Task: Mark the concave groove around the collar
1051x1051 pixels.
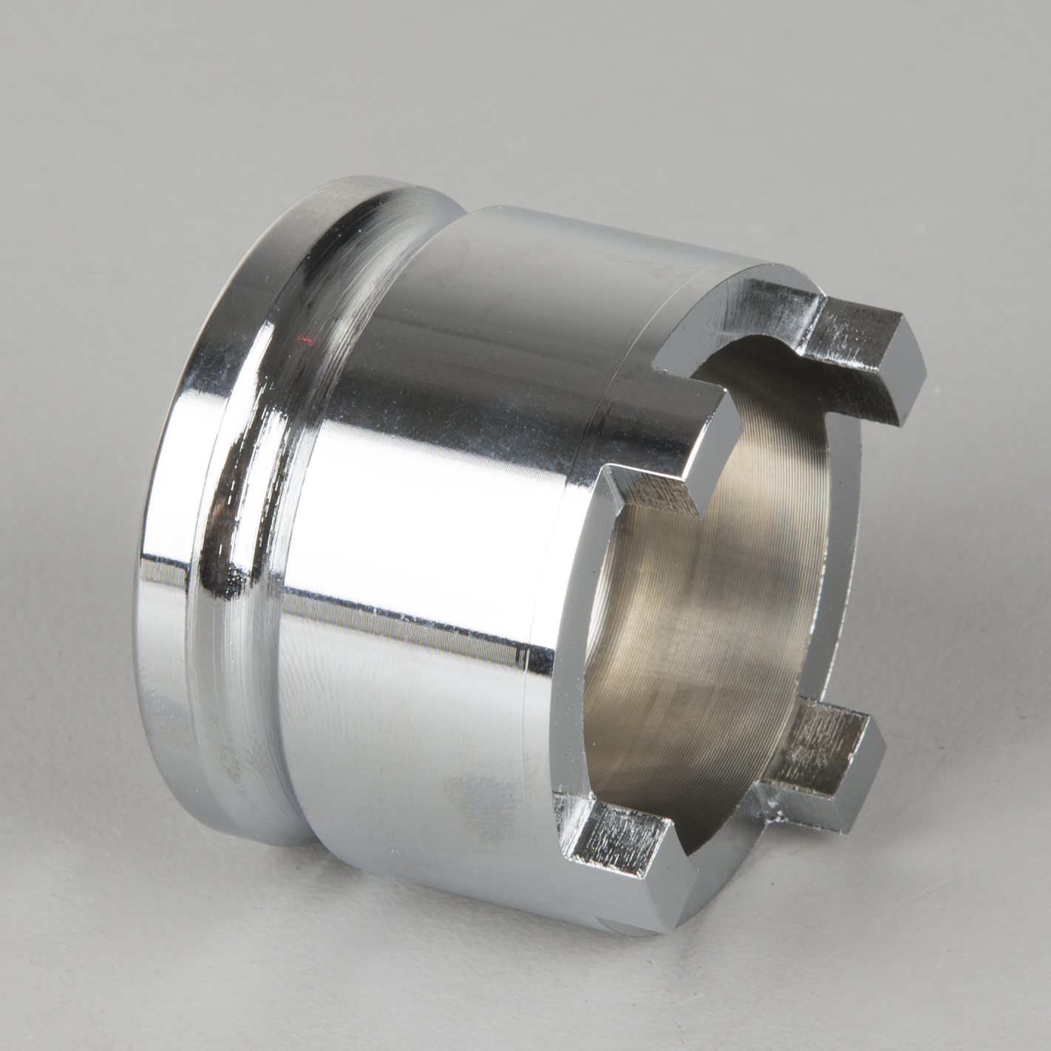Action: click(244, 517)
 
